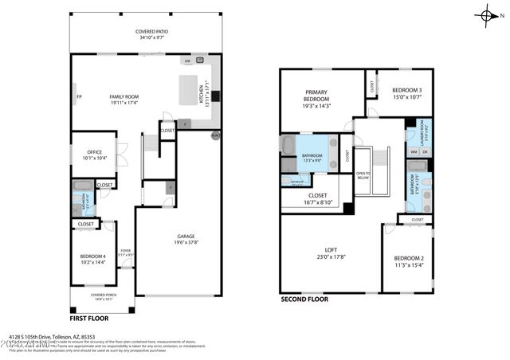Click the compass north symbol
click(x=486, y=14)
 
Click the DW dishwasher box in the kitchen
click(x=186, y=61)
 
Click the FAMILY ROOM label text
click(x=124, y=96)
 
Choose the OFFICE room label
click(x=95, y=153)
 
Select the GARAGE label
click(x=186, y=236)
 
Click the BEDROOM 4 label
click(x=93, y=256)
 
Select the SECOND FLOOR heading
click(x=304, y=299)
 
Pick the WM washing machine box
click(x=414, y=151)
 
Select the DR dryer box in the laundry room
click(x=425, y=151)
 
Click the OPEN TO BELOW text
click(x=363, y=174)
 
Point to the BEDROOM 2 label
click(x=408, y=258)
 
